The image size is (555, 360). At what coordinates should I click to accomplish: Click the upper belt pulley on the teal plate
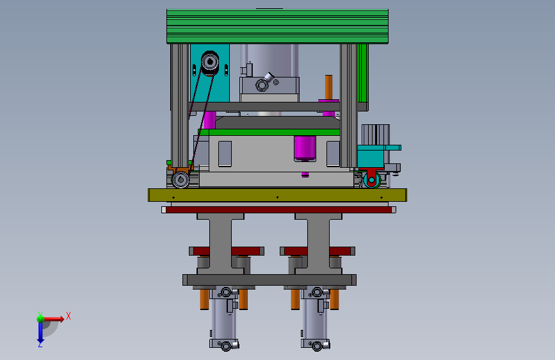click(x=209, y=62)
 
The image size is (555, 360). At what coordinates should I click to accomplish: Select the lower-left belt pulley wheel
click(x=181, y=179)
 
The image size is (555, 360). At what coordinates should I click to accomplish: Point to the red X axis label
click(x=68, y=316)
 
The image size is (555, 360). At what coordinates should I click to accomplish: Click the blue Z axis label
click(x=40, y=344)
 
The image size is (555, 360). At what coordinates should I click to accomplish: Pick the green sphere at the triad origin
click(x=40, y=318)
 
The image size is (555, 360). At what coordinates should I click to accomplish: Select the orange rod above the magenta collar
click(x=329, y=87)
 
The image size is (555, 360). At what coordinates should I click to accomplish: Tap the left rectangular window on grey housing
click(x=225, y=154)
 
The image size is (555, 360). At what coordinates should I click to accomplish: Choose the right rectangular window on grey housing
click(x=333, y=154)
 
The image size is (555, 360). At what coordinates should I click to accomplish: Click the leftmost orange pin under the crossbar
click(x=204, y=298)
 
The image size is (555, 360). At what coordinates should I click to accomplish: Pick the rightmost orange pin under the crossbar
click(x=334, y=298)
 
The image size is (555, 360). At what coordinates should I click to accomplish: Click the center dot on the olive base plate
click(x=277, y=197)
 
